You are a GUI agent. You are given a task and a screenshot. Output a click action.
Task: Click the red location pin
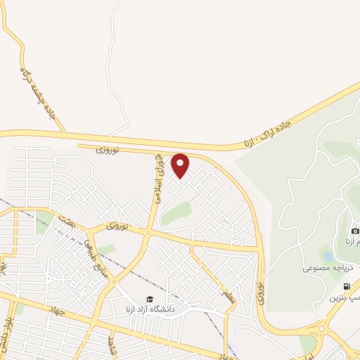click(181, 165)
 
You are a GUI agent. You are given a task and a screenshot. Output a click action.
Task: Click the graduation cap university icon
click(148, 299)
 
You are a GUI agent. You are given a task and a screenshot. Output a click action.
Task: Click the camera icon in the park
click(355, 231)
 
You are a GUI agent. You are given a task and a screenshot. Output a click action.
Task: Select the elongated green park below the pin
click(176, 213)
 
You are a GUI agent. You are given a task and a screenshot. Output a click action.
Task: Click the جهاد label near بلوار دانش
click(58, 310)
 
